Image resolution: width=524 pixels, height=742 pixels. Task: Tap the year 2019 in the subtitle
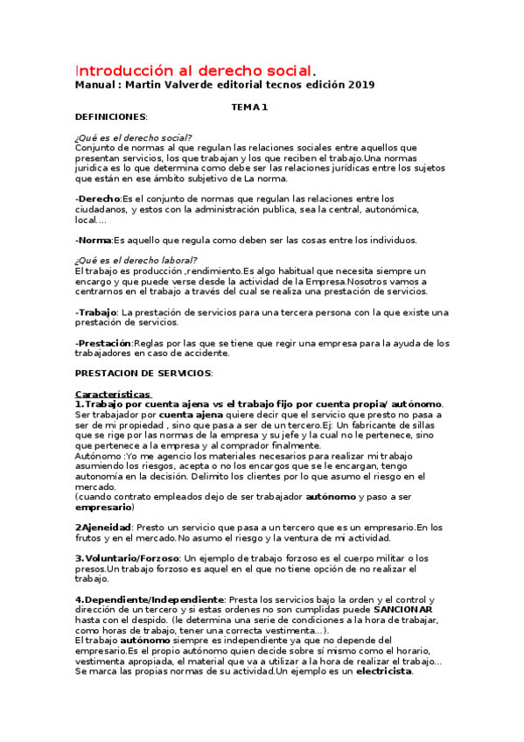(357, 85)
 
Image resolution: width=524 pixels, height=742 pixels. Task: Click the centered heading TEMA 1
(249, 107)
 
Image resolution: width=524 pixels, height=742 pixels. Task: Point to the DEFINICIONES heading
(111, 116)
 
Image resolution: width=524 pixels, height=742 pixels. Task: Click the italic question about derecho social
(134, 137)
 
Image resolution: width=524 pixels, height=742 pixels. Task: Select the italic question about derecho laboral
(136, 261)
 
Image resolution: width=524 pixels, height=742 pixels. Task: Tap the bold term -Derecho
(97, 199)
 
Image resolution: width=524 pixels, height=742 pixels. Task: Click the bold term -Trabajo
(96, 311)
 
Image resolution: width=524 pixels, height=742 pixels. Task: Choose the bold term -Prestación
(103, 343)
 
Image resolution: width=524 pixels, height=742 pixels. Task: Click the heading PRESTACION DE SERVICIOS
(143, 374)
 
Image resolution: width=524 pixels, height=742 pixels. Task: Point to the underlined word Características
(113, 394)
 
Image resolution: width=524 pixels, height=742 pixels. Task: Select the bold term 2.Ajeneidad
(103, 527)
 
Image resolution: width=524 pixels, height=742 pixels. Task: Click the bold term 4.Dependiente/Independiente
(150, 598)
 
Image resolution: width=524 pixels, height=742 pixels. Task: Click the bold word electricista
(383, 671)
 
